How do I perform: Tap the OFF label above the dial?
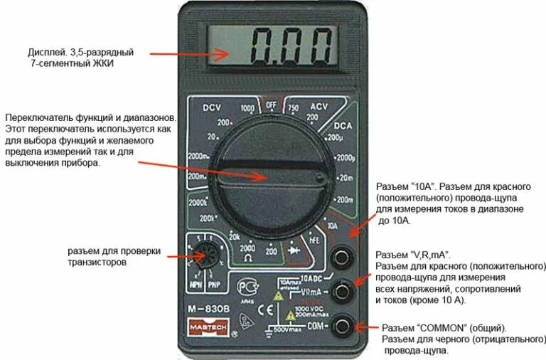point(270,105)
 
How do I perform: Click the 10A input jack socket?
point(344,254)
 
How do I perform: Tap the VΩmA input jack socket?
point(344,290)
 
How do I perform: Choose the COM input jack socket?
point(344,327)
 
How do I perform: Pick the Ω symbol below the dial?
point(247,260)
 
